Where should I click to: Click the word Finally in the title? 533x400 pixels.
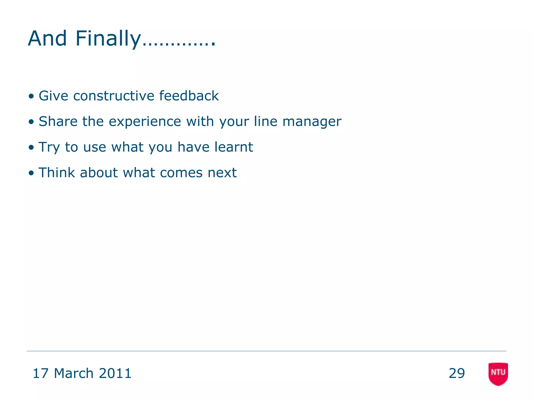[108, 39]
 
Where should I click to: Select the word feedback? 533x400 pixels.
[189, 96]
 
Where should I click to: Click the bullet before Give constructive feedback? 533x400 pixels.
[31, 96]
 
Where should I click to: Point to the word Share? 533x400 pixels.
[58, 121]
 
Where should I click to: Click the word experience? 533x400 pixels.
[145, 122]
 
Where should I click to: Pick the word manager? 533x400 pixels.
[312, 122]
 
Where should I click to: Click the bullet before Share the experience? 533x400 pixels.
[31, 122]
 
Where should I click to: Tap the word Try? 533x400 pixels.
[49, 147]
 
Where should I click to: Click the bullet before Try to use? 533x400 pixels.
[31, 148]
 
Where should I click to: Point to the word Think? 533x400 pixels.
[57, 173]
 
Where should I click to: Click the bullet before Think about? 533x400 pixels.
[31, 173]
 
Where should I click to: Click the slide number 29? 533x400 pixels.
[456, 373]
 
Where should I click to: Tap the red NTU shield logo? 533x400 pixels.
[498, 373]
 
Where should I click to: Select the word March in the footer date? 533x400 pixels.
[74, 373]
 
